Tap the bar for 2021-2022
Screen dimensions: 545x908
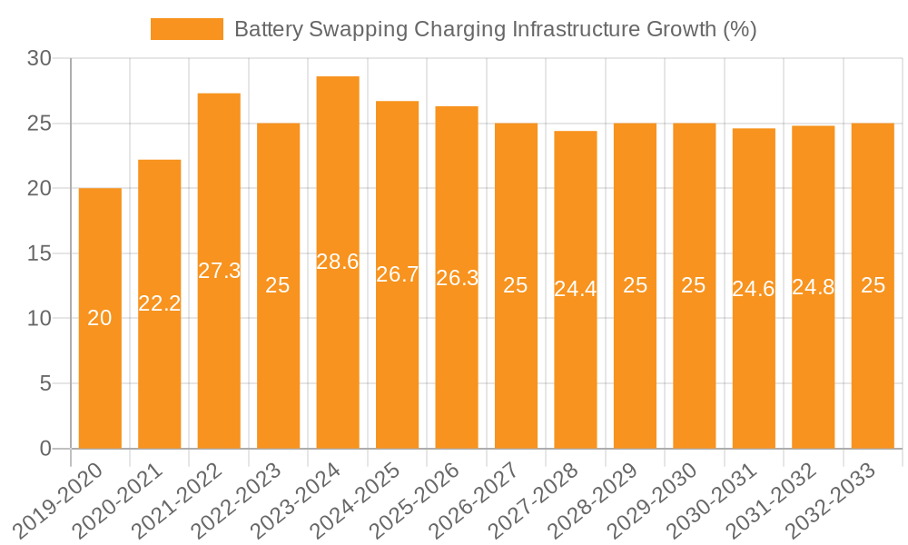click(219, 363)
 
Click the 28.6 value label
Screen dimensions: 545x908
click(338, 262)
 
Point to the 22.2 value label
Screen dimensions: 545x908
click(160, 303)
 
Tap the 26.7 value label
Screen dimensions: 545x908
click(398, 274)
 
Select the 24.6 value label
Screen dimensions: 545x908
click(754, 289)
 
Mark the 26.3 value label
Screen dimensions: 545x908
click(457, 278)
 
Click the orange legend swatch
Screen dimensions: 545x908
click(187, 29)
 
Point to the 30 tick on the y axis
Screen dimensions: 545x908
click(41, 58)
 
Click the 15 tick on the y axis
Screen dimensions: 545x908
click(41, 253)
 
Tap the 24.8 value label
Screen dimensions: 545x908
click(814, 287)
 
